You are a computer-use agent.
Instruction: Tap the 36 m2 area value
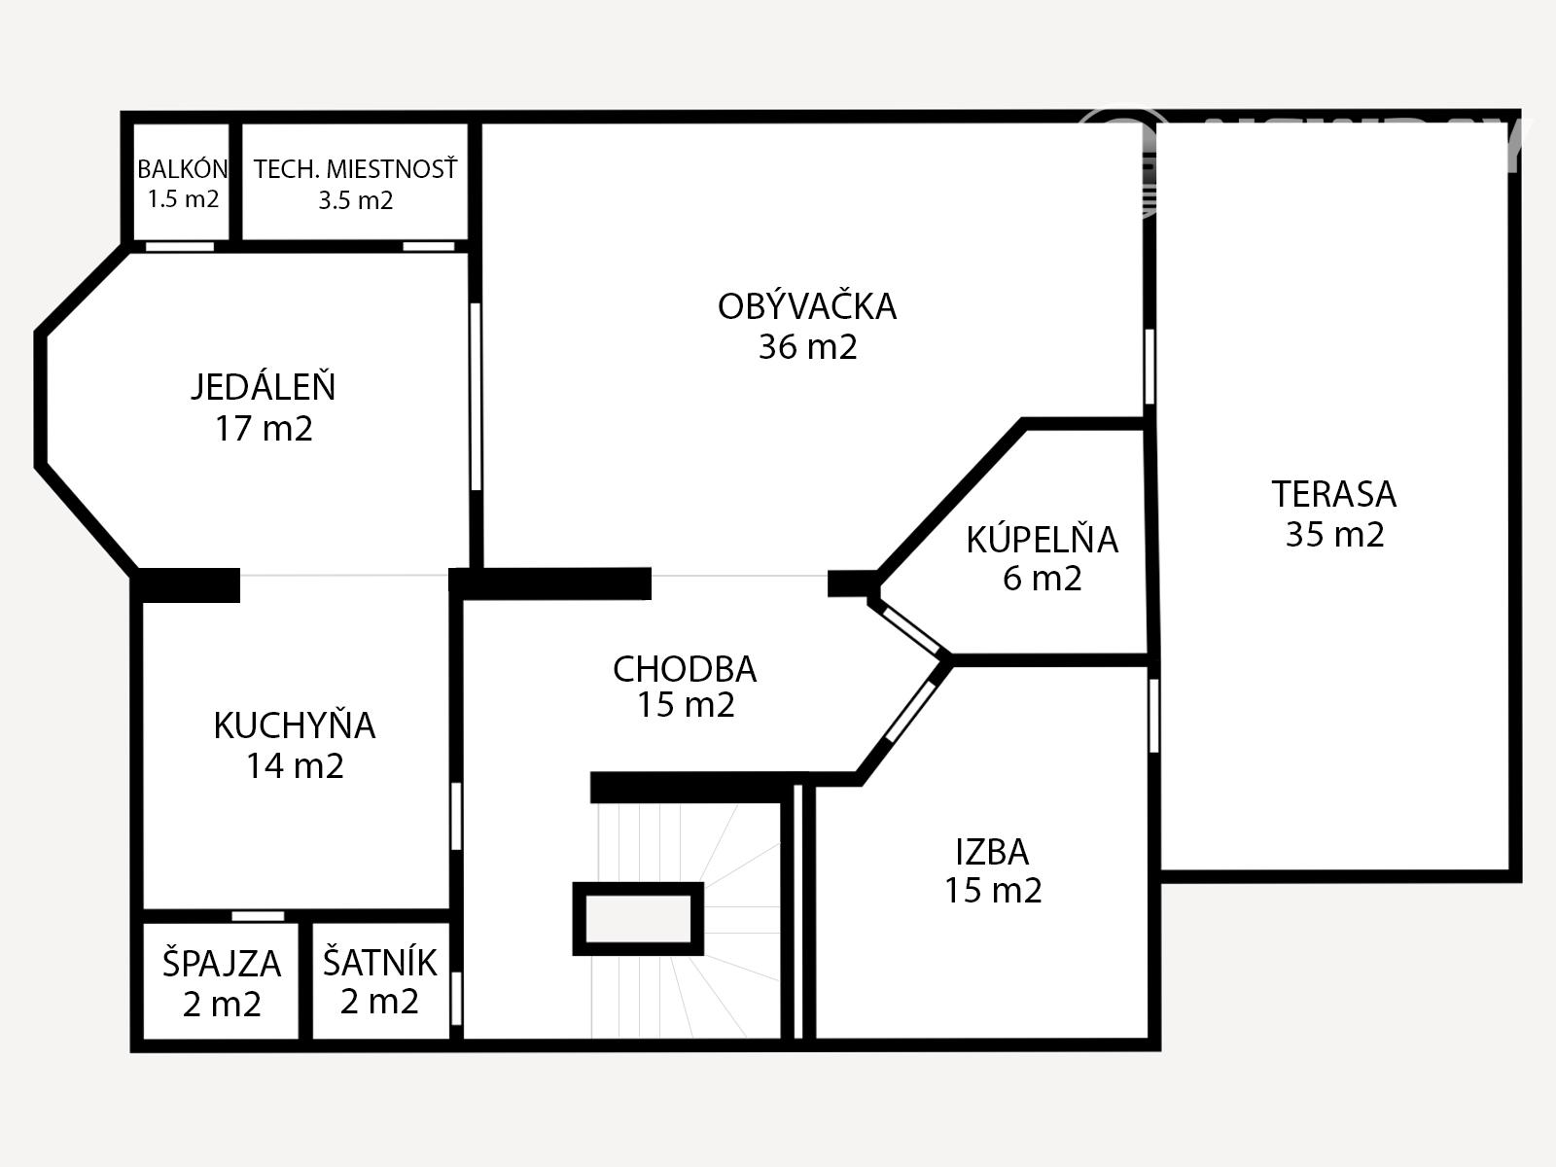click(807, 346)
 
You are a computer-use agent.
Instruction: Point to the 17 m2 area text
click(264, 429)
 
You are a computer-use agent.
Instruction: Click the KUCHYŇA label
click(295, 725)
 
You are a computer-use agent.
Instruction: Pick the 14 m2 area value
click(295, 766)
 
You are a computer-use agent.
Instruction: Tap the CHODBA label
click(685, 670)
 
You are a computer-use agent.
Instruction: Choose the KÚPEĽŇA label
click(1043, 539)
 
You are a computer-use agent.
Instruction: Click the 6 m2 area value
click(1043, 579)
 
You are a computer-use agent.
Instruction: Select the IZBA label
click(993, 852)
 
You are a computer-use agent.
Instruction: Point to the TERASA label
click(1334, 494)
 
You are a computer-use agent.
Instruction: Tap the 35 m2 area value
click(1335, 534)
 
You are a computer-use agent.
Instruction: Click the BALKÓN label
click(183, 168)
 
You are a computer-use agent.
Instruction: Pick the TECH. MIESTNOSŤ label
click(356, 168)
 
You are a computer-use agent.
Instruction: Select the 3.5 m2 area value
click(355, 200)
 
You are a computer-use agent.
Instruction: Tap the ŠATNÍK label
click(380, 962)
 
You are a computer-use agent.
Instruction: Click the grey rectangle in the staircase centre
click(638, 918)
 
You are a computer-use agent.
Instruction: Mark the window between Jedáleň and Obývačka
click(476, 396)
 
